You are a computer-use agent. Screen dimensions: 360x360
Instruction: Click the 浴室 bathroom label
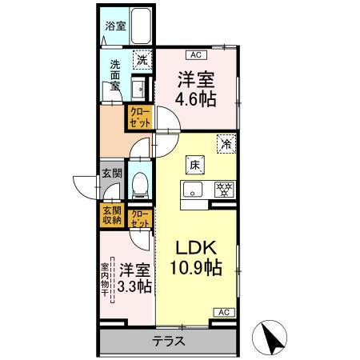pos(115,26)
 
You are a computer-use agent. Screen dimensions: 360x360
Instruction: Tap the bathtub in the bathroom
pos(142,28)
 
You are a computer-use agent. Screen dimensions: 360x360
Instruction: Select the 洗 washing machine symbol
pos(141,59)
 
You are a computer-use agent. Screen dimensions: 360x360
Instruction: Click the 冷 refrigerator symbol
pos(226,144)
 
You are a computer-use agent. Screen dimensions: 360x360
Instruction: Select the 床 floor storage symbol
pos(194,165)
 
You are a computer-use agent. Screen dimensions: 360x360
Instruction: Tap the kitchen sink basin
pos(194,190)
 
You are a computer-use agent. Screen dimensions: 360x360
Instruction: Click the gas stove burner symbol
pos(223,190)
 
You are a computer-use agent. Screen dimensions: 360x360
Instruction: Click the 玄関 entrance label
pos(110,173)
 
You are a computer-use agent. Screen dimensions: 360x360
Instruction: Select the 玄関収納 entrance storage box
pos(110,214)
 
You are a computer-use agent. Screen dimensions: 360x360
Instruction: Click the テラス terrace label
pos(168,341)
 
